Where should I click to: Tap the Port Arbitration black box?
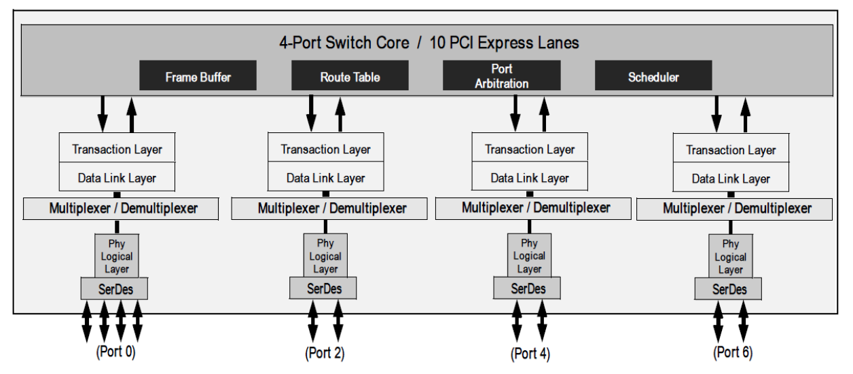pos(501,75)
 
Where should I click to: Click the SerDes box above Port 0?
pos(115,288)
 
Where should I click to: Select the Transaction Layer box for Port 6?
pos(730,151)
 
